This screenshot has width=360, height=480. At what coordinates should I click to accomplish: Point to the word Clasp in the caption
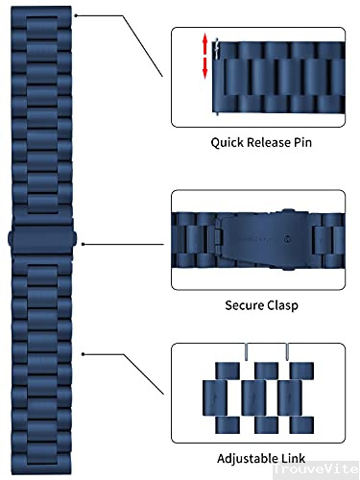(280, 306)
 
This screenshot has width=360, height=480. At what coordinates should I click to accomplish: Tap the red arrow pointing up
(204, 43)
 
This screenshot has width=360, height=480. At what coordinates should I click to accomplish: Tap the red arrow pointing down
(204, 69)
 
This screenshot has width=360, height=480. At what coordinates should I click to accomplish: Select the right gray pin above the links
(287, 351)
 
